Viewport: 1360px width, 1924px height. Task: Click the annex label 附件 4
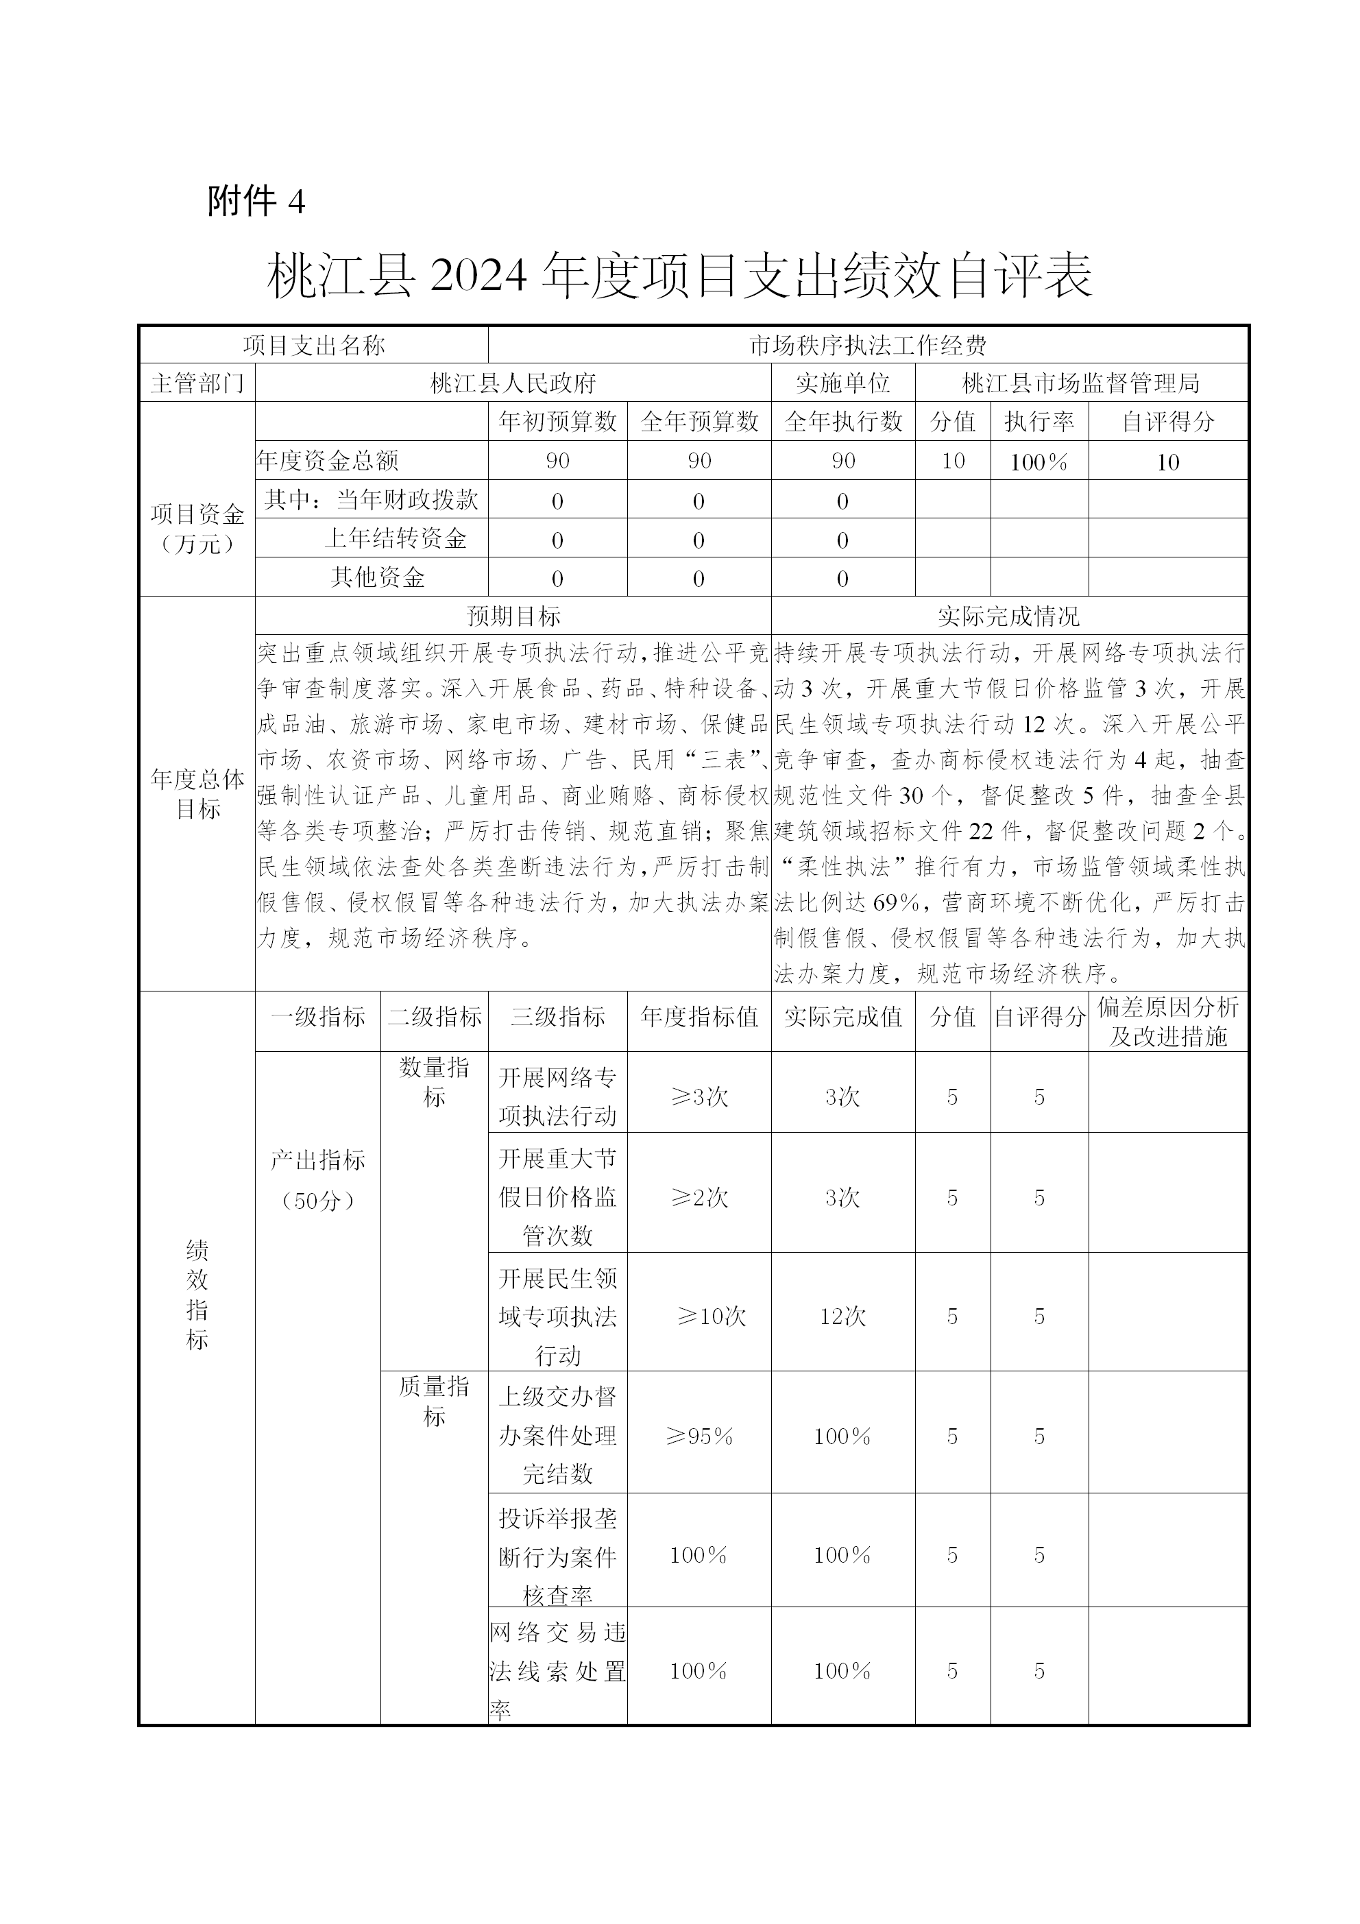point(256,201)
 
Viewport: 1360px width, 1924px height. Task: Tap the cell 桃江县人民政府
point(513,384)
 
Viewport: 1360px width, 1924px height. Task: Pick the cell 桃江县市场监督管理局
point(1081,384)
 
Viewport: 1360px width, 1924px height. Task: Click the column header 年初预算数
point(557,422)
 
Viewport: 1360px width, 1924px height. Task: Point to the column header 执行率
point(1039,422)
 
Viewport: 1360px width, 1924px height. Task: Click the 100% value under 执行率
point(1039,461)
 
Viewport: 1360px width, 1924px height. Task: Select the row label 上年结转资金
point(395,538)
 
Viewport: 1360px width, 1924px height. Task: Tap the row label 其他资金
point(377,577)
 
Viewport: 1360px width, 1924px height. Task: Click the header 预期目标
point(513,616)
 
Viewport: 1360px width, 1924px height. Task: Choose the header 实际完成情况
point(1009,616)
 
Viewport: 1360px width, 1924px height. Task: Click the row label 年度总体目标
point(197,793)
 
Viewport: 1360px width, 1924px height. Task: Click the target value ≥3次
point(699,1097)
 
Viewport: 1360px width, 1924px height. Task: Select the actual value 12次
point(842,1316)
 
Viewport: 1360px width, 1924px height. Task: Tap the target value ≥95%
point(699,1436)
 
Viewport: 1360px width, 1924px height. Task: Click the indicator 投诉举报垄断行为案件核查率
point(557,1555)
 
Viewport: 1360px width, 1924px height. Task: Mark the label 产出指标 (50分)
point(317,1180)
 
